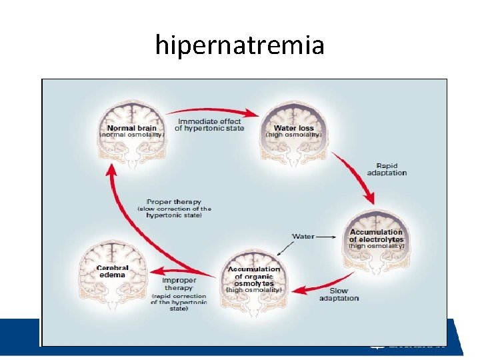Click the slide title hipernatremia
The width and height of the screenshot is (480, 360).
pyautogui.click(x=240, y=45)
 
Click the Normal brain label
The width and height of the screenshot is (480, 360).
pyautogui.click(x=131, y=127)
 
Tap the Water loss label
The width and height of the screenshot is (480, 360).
pyautogui.click(x=293, y=127)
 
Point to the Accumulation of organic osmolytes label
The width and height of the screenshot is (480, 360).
pyautogui.click(x=254, y=276)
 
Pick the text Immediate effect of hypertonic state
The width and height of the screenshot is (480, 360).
pyautogui.click(x=210, y=125)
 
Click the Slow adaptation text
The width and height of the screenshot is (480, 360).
pyautogui.click(x=339, y=294)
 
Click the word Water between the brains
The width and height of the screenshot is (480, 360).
pyautogui.click(x=303, y=236)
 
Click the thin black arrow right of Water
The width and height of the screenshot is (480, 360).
pyautogui.click(x=326, y=236)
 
